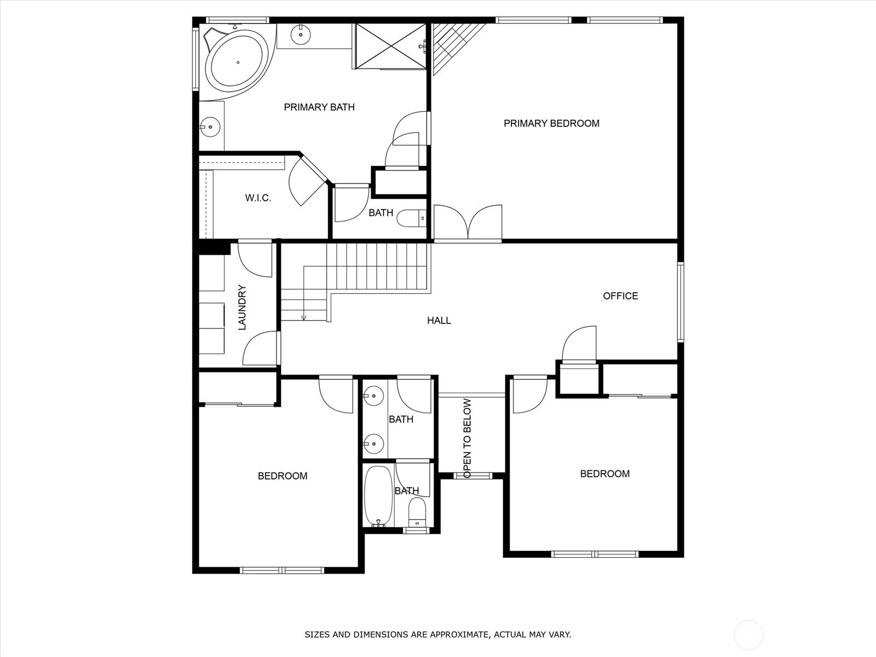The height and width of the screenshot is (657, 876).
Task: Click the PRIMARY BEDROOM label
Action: point(551,123)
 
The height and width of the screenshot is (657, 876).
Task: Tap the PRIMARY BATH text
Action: point(319,107)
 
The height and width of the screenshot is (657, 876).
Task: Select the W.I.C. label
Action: point(258,198)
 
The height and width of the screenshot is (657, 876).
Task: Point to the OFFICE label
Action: point(620,296)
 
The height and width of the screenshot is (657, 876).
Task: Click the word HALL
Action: point(439,320)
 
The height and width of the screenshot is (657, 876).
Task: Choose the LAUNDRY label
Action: point(242,307)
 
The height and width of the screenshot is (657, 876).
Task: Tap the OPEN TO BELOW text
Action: point(468,438)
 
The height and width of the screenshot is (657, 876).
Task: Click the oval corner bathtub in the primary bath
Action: point(238,62)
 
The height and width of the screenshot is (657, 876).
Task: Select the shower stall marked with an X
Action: point(391,46)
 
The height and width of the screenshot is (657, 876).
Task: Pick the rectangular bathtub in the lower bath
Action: point(379,496)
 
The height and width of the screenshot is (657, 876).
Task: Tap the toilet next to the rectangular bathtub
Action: point(417,512)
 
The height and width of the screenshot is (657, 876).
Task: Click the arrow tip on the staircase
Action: point(304,320)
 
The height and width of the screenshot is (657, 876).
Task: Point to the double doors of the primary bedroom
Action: point(468,223)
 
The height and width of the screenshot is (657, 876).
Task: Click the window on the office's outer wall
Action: point(681,302)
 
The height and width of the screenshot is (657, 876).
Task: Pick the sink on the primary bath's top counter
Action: point(301,34)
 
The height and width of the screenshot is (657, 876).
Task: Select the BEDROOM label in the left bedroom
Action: point(283,476)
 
